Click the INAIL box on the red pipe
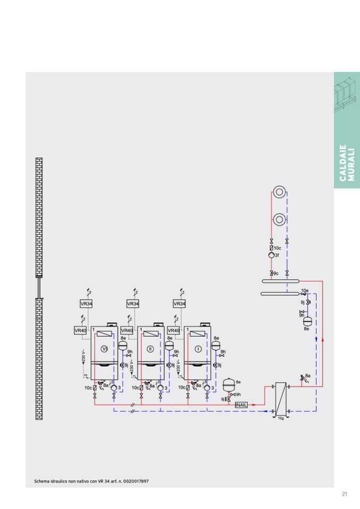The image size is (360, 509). tap(242, 405)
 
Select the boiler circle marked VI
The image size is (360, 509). tap(104, 349)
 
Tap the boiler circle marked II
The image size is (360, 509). tap(150, 349)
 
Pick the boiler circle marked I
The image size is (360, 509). tap(198, 349)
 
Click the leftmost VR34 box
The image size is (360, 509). tap(86, 304)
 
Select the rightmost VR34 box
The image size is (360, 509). tap(179, 304)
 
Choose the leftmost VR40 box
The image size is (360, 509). tap(80, 330)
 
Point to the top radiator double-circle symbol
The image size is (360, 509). tap(279, 192)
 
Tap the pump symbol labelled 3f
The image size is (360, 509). tap(271, 255)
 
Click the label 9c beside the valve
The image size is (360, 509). tap(276, 273)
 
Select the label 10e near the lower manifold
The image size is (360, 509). tap(305, 290)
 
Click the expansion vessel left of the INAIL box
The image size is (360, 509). tap(229, 383)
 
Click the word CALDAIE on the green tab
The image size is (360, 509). tap(342, 163)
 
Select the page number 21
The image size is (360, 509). tap(345, 494)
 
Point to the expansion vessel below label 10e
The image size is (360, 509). tap(306, 321)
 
